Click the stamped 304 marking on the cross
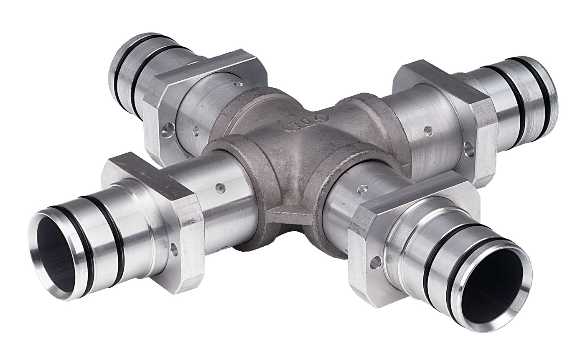305,123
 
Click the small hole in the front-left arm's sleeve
221,188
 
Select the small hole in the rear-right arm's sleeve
428,130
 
